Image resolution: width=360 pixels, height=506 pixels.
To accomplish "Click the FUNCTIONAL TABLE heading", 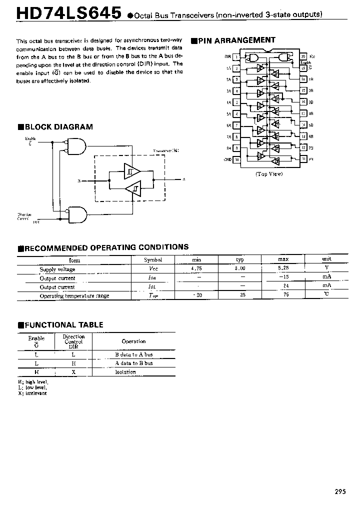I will (x=60, y=325).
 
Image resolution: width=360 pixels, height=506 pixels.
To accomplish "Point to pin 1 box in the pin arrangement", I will (x=236, y=57).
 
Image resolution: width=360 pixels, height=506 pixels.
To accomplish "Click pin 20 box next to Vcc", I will (x=303, y=57).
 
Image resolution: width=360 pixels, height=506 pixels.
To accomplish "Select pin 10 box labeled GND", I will (x=236, y=159).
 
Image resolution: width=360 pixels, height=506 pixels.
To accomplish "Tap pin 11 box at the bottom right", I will (x=303, y=159).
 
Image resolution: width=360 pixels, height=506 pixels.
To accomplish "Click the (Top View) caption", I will (x=269, y=174).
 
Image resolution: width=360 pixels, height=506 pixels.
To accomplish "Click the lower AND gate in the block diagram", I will (x=76, y=213).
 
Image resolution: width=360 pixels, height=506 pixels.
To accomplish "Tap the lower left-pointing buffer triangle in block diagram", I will (x=132, y=189).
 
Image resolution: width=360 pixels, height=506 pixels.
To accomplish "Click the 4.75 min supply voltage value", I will (x=196, y=269).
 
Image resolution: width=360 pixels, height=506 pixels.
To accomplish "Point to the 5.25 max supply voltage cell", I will (x=283, y=269).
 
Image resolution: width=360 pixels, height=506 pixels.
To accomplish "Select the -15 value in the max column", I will (x=283, y=277).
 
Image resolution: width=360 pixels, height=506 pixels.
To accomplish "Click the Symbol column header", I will (x=153, y=260).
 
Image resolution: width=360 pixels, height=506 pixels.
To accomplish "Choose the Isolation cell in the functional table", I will (x=125, y=372).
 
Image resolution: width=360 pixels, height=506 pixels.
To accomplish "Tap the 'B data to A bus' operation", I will (x=133, y=354).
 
